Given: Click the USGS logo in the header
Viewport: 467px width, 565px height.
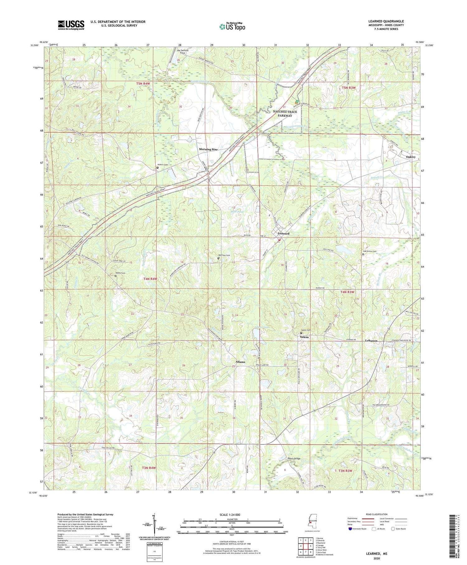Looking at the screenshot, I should tap(71, 25).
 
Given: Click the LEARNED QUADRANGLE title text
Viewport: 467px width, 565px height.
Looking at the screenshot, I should tap(386, 21).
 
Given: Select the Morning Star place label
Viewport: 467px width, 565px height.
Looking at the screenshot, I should tap(208, 149).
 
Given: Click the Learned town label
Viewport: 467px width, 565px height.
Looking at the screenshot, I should tap(283, 233).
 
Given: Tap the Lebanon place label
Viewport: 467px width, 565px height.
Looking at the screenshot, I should tap(371, 341).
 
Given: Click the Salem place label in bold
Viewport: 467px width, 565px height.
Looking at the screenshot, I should tap(304, 337).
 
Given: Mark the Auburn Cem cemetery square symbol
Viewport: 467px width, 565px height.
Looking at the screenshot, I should tap(157, 168).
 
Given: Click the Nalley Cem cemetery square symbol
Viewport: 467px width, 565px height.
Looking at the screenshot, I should tap(116, 276).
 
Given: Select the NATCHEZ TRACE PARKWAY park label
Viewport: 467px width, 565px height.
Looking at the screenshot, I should tap(285, 113).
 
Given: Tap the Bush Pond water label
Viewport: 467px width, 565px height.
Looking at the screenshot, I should tap(237, 211).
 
